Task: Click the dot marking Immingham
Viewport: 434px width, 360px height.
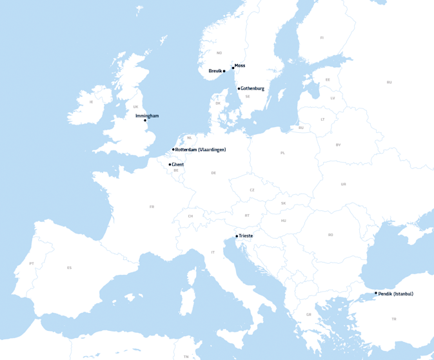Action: pyautogui.click(x=145, y=121)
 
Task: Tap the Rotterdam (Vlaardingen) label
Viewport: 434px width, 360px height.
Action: pyautogui.click(x=201, y=150)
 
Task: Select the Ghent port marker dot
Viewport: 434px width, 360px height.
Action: pyautogui.click(x=170, y=165)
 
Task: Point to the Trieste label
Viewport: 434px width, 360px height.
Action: pyautogui.click(x=246, y=236)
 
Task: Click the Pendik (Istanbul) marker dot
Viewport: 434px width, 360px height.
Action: pyautogui.click(x=376, y=293)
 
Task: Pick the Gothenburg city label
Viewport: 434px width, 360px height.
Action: pyautogui.click(x=253, y=88)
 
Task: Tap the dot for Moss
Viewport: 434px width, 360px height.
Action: pyautogui.click(x=233, y=68)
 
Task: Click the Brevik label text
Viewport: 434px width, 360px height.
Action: pyautogui.click(x=215, y=71)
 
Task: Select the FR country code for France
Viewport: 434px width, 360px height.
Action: pyautogui.click(x=152, y=206)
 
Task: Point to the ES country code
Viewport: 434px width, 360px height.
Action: pyautogui.click(x=70, y=267)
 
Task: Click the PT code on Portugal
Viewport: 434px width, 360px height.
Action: pyautogui.click(x=32, y=263)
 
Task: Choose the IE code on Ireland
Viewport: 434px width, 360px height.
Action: pyautogui.click(x=92, y=102)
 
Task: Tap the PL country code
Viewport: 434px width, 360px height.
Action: pyautogui.click(x=282, y=153)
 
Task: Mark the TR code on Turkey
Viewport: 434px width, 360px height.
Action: pyautogui.click(x=394, y=319)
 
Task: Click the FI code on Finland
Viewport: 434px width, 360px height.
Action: pyautogui.click(x=322, y=37)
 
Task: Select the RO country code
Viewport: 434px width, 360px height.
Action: pyautogui.click(x=330, y=235)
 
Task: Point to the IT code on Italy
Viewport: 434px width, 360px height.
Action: pyautogui.click(x=213, y=252)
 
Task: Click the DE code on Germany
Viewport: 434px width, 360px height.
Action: pyautogui.click(x=213, y=173)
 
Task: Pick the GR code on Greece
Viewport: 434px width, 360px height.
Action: pyautogui.click(x=309, y=314)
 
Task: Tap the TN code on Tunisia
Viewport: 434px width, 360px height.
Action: pyautogui.click(x=186, y=356)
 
